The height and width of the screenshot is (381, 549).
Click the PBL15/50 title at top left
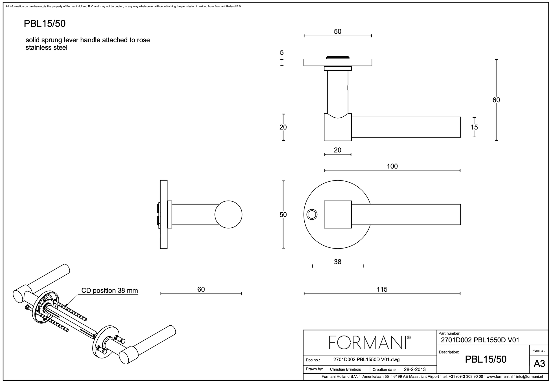[45, 24]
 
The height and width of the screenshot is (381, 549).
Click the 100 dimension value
[392, 166]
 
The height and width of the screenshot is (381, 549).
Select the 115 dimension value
[382, 289]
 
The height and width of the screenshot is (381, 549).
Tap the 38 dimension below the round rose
[337, 262]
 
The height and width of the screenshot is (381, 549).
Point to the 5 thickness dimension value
[282, 53]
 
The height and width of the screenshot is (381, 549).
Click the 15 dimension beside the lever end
[474, 127]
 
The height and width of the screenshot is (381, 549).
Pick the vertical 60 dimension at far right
[496, 100]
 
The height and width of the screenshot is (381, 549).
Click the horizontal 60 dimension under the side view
[201, 289]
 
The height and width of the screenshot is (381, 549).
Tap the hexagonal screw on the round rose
[312, 215]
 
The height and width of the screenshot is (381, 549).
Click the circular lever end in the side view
[228, 215]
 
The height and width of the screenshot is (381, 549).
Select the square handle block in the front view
[338, 215]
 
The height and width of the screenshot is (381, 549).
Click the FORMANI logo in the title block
[370, 343]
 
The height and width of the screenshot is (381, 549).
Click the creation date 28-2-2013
[415, 369]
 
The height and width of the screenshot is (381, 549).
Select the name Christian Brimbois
[345, 369]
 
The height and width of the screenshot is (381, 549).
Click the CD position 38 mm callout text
[109, 291]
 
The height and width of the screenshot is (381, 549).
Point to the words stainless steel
[47, 48]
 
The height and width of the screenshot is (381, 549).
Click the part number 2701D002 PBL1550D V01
[480, 340]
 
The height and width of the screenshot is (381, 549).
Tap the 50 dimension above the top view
[337, 32]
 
